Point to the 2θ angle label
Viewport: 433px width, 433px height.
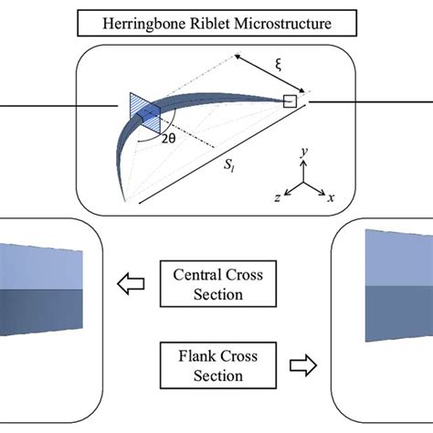pyautogui.click(x=170, y=143)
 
